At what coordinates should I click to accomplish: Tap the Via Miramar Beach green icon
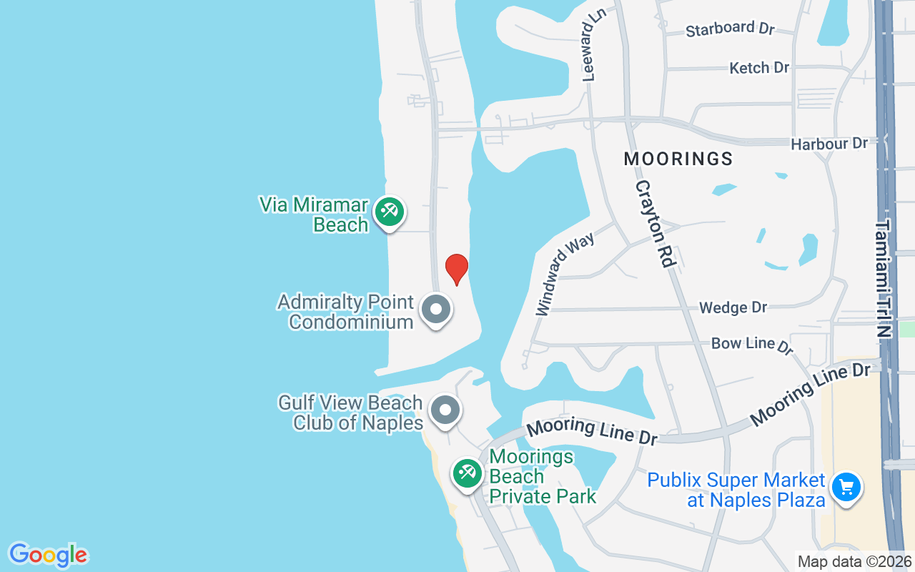point(390,212)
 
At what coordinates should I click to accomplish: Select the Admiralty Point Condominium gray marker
point(436,310)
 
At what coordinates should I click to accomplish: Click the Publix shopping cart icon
point(846,487)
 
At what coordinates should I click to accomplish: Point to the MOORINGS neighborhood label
point(678,159)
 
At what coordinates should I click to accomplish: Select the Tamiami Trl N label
point(884,278)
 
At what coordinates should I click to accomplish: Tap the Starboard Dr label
point(730,29)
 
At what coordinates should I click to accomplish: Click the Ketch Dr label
point(759,68)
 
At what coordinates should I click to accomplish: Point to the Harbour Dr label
point(829,144)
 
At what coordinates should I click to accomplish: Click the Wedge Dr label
point(733,307)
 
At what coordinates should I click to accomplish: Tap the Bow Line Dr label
point(753,345)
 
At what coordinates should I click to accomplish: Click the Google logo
point(49,555)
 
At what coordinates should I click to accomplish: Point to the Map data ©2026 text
point(854,562)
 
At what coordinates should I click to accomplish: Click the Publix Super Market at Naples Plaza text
point(736,490)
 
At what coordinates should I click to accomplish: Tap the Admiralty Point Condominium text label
point(346,311)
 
